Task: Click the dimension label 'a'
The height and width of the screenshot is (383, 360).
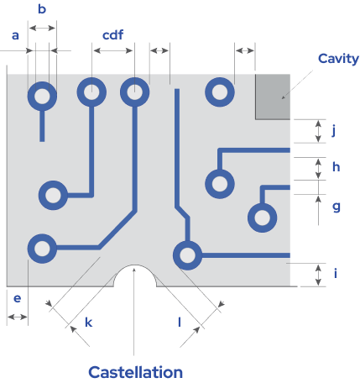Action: click(x=15, y=36)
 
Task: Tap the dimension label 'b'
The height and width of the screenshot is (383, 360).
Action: click(x=42, y=9)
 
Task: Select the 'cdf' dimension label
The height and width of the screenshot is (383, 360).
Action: click(x=112, y=35)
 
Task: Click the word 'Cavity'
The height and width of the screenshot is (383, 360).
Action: click(x=338, y=59)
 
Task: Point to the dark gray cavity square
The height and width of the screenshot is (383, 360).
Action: click(x=273, y=97)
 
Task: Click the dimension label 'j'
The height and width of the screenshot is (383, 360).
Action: click(x=333, y=130)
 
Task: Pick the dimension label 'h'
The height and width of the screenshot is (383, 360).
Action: click(x=337, y=167)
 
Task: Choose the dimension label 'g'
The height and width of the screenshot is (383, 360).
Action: click(x=337, y=207)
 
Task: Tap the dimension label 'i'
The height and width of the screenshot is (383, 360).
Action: click(x=336, y=273)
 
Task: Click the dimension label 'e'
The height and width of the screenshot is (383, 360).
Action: click(x=18, y=298)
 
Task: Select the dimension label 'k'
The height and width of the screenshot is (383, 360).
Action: click(x=89, y=323)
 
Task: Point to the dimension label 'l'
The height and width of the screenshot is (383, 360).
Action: click(x=180, y=323)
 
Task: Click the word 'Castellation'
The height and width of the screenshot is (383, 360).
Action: click(x=136, y=372)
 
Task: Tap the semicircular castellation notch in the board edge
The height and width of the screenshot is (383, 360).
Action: click(x=135, y=265)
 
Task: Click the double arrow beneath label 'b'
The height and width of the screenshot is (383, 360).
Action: click(x=42, y=28)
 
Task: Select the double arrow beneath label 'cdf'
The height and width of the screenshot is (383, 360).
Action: click(x=113, y=50)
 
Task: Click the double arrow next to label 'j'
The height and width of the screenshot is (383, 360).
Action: click(x=318, y=131)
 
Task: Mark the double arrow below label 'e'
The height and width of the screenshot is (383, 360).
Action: click(x=18, y=317)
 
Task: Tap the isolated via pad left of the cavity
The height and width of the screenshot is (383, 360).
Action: click(x=220, y=92)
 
